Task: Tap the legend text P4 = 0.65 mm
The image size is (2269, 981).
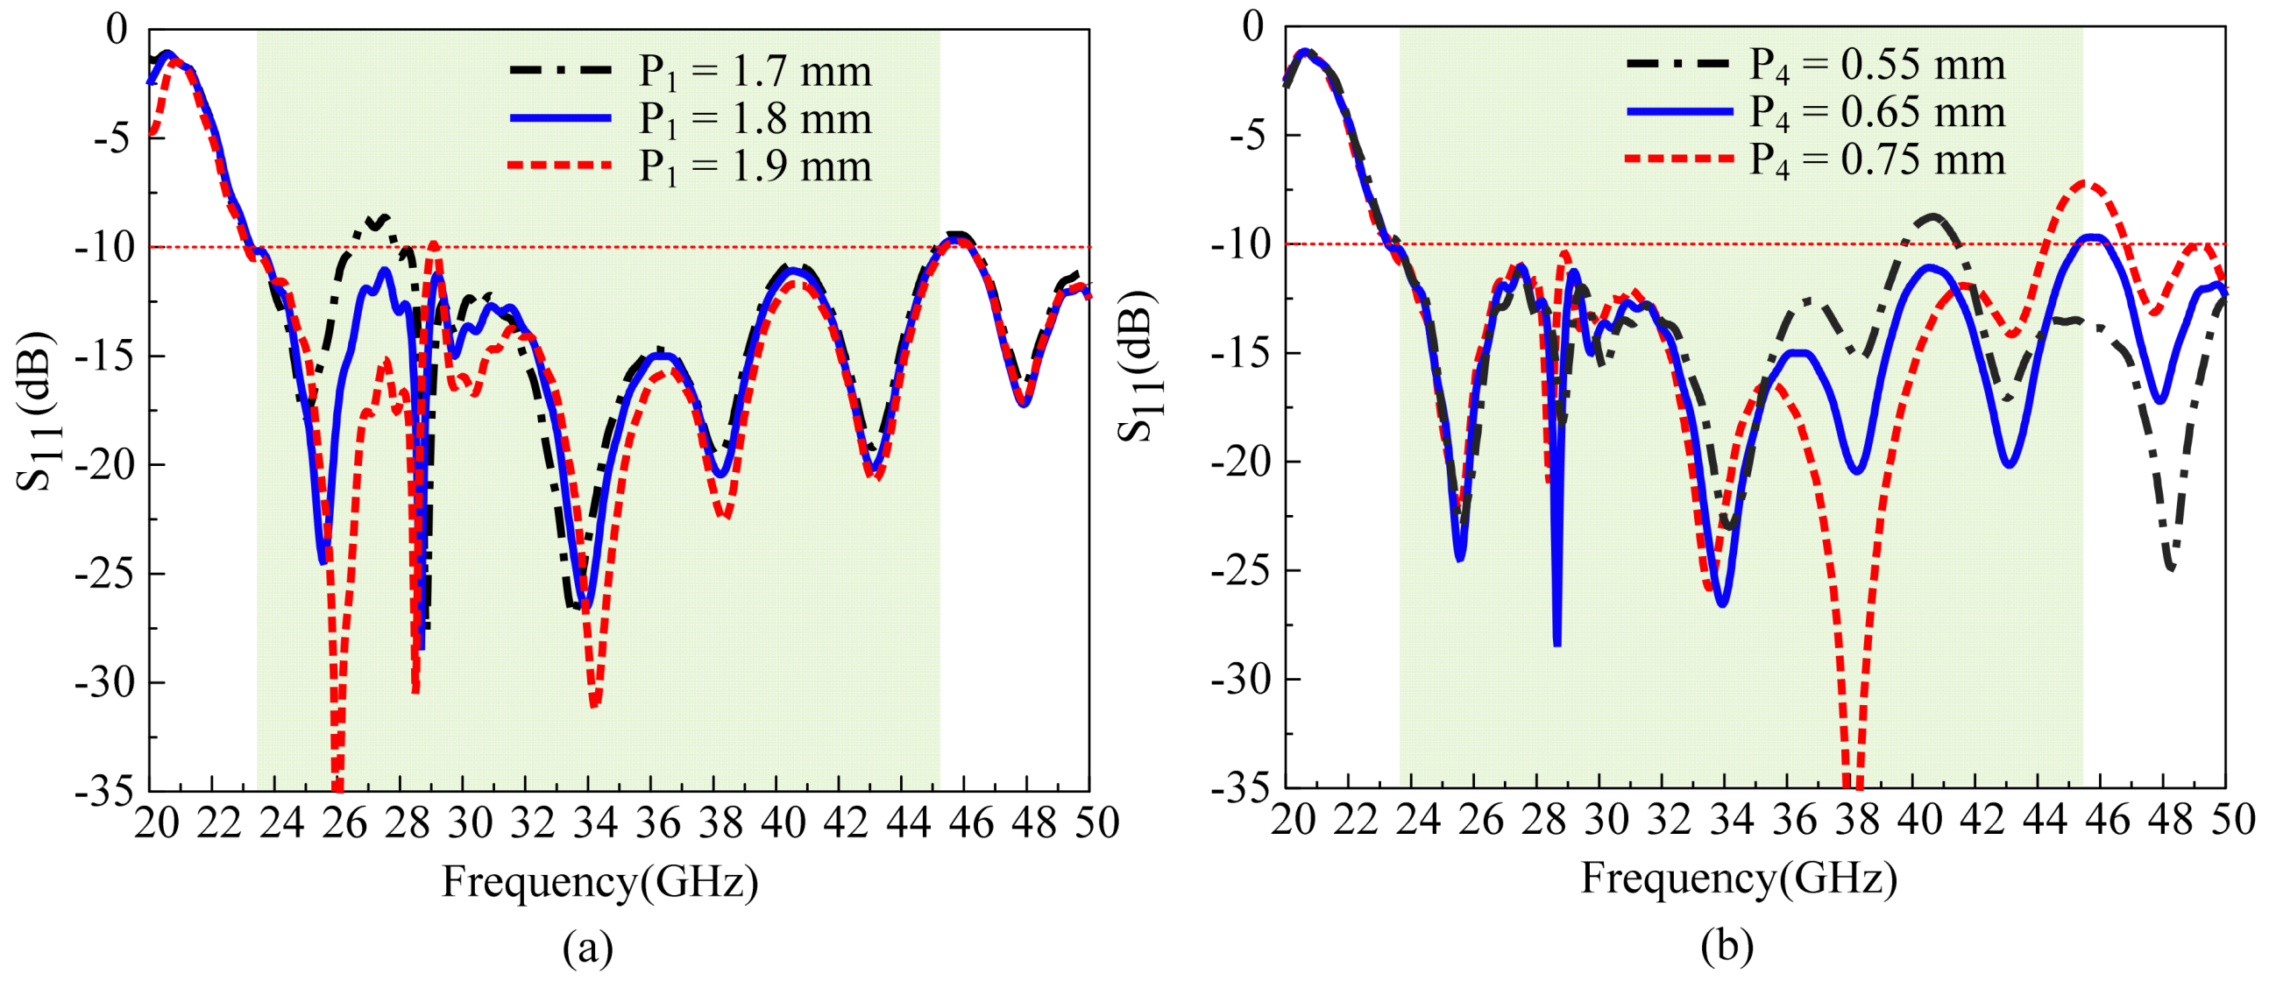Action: pyautogui.click(x=1876, y=112)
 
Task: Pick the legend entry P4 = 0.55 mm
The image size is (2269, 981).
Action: pyautogui.click(x=1876, y=64)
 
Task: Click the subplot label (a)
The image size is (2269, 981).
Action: pyautogui.click(x=587, y=949)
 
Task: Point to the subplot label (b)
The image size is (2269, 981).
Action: pyautogui.click(x=1727, y=947)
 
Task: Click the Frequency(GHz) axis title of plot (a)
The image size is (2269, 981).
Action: pyautogui.click(x=599, y=881)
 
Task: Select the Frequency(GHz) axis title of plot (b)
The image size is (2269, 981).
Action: pyautogui.click(x=1739, y=878)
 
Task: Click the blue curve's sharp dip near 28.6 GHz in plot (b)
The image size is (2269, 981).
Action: pyautogui.click(x=1556, y=644)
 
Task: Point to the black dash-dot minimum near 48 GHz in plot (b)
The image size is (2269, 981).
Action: pyautogui.click(x=2171, y=568)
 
